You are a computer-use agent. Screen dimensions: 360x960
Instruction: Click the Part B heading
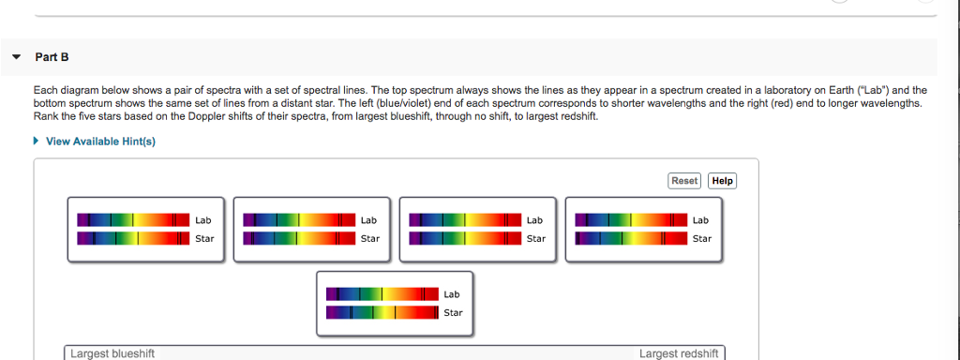coord(52,57)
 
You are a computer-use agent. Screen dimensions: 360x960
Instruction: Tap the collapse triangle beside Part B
coord(16,57)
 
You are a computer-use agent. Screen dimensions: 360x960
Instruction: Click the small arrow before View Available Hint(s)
coord(37,141)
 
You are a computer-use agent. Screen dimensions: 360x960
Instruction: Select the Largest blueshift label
coord(112,353)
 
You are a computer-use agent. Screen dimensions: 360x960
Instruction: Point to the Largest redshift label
coord(679,353)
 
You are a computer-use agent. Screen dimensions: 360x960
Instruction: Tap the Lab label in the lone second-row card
coord(452,294)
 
